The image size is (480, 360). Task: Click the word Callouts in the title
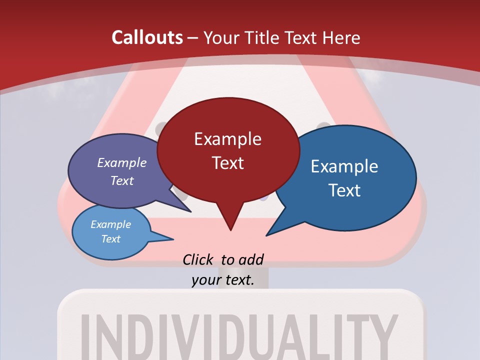tap(147, 37)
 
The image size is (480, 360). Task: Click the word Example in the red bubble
tap(227, 139)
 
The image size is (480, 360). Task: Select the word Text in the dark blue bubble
tap(344, 190)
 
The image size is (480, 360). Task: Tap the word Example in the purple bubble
tap(121, 162)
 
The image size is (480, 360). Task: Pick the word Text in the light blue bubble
tap(111, 239)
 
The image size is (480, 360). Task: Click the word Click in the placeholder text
tap(198, 259)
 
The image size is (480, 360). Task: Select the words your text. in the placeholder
tap(222, 280)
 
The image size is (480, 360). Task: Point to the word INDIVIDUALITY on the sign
tap(240, 335)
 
